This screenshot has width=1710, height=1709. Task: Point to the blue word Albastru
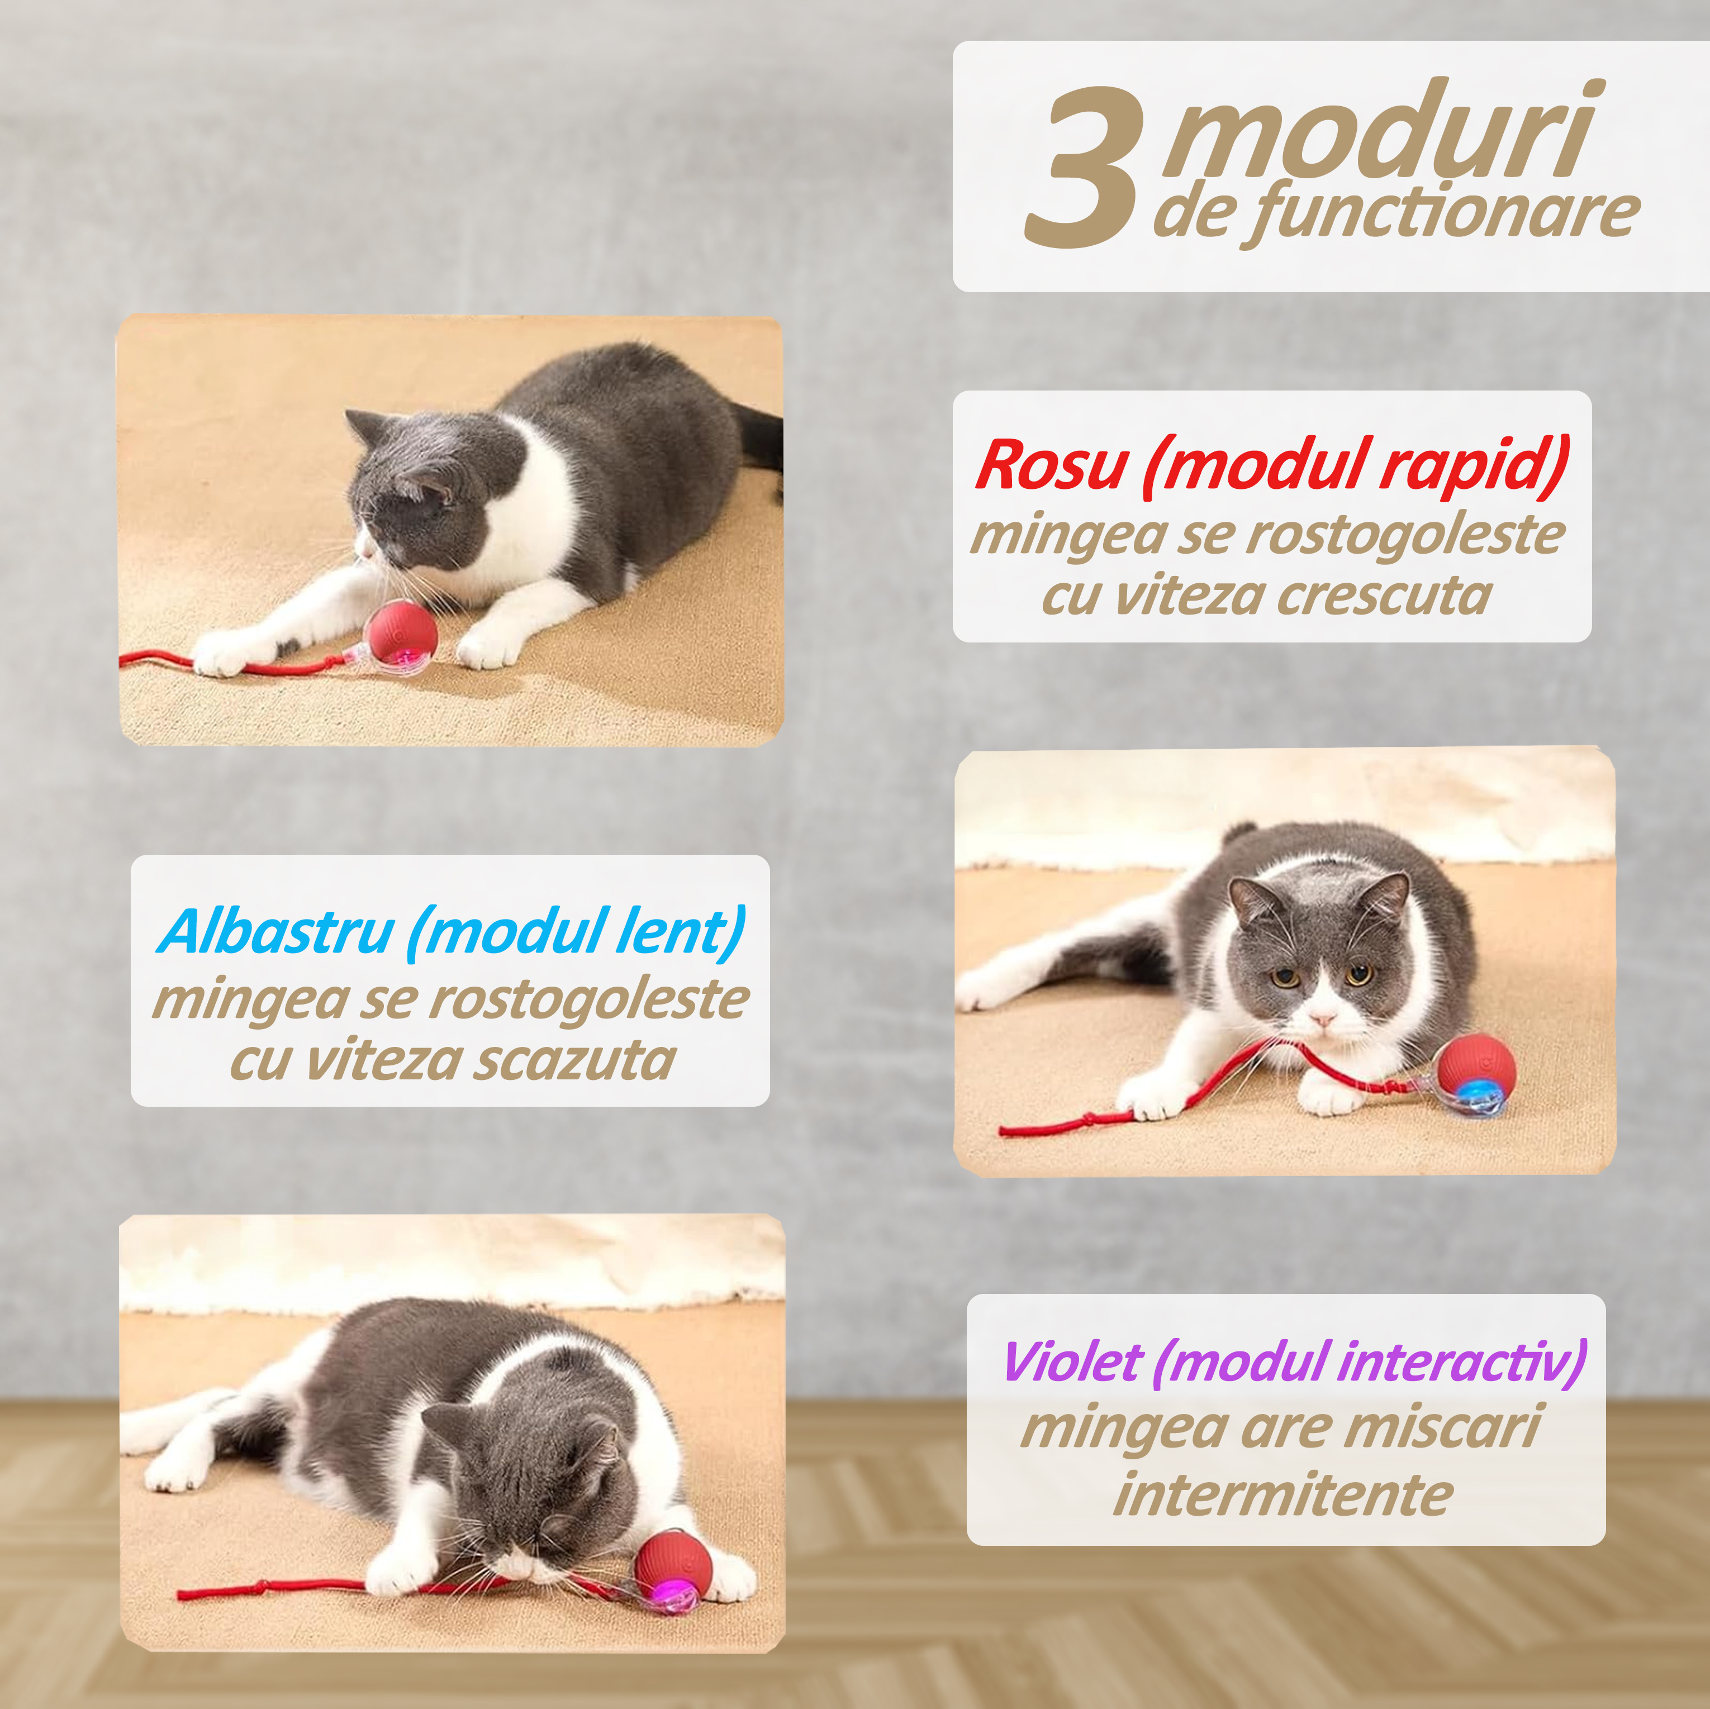[x=275, y=931]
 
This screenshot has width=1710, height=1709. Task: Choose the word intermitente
[x=1284, y=1496]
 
